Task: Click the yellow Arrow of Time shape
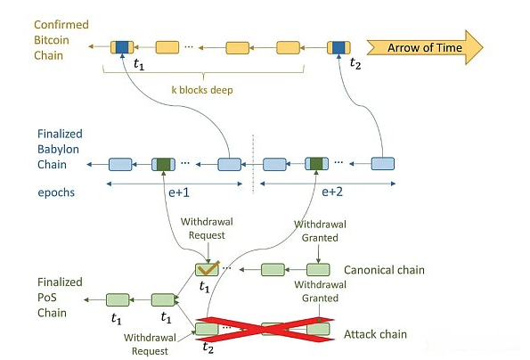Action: pyautogui.click(x=425, y=47)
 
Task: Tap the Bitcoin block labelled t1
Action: pyautogui.click(x=122, y=47)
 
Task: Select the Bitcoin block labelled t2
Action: pyautogui.click(x=338, y=47)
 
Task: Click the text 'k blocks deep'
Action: pyautogui.click(x=202, y=90)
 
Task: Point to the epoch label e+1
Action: pyautogui.click(x=179, y=192)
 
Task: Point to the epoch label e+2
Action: pyautogui.click(x=332, y=192)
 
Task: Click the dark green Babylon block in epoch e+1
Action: pyautogui.click(x=163, y=164)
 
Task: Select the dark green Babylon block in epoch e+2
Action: pyautogui.click(x=317, y=164)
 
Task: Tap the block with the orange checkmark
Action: pyautogui.click(x=208, y=270)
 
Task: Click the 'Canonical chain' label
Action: pyautogui.click(x=384, y=270)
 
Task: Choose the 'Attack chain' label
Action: pyautogui.click(x=376, y=334)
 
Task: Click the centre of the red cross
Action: pyautogui.click(x=265, y=329)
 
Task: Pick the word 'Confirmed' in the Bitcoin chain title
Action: pyautogui.click(x=61, y=25)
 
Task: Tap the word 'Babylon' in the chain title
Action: pyautogui.click(x=58, y=150)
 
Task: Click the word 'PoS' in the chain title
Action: pyautogui.click(x=47, y=298)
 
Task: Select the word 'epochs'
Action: pyautogui.click(x=56, y=192)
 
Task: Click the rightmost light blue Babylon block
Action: pyautogui.click(x=383, y=164)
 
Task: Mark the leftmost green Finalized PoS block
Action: pyautogui.click(x=118, y=299)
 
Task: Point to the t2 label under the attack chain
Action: pyautogui.click(x=208, y=348)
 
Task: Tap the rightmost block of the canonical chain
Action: pyautogui.click(x=318, y=270)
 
